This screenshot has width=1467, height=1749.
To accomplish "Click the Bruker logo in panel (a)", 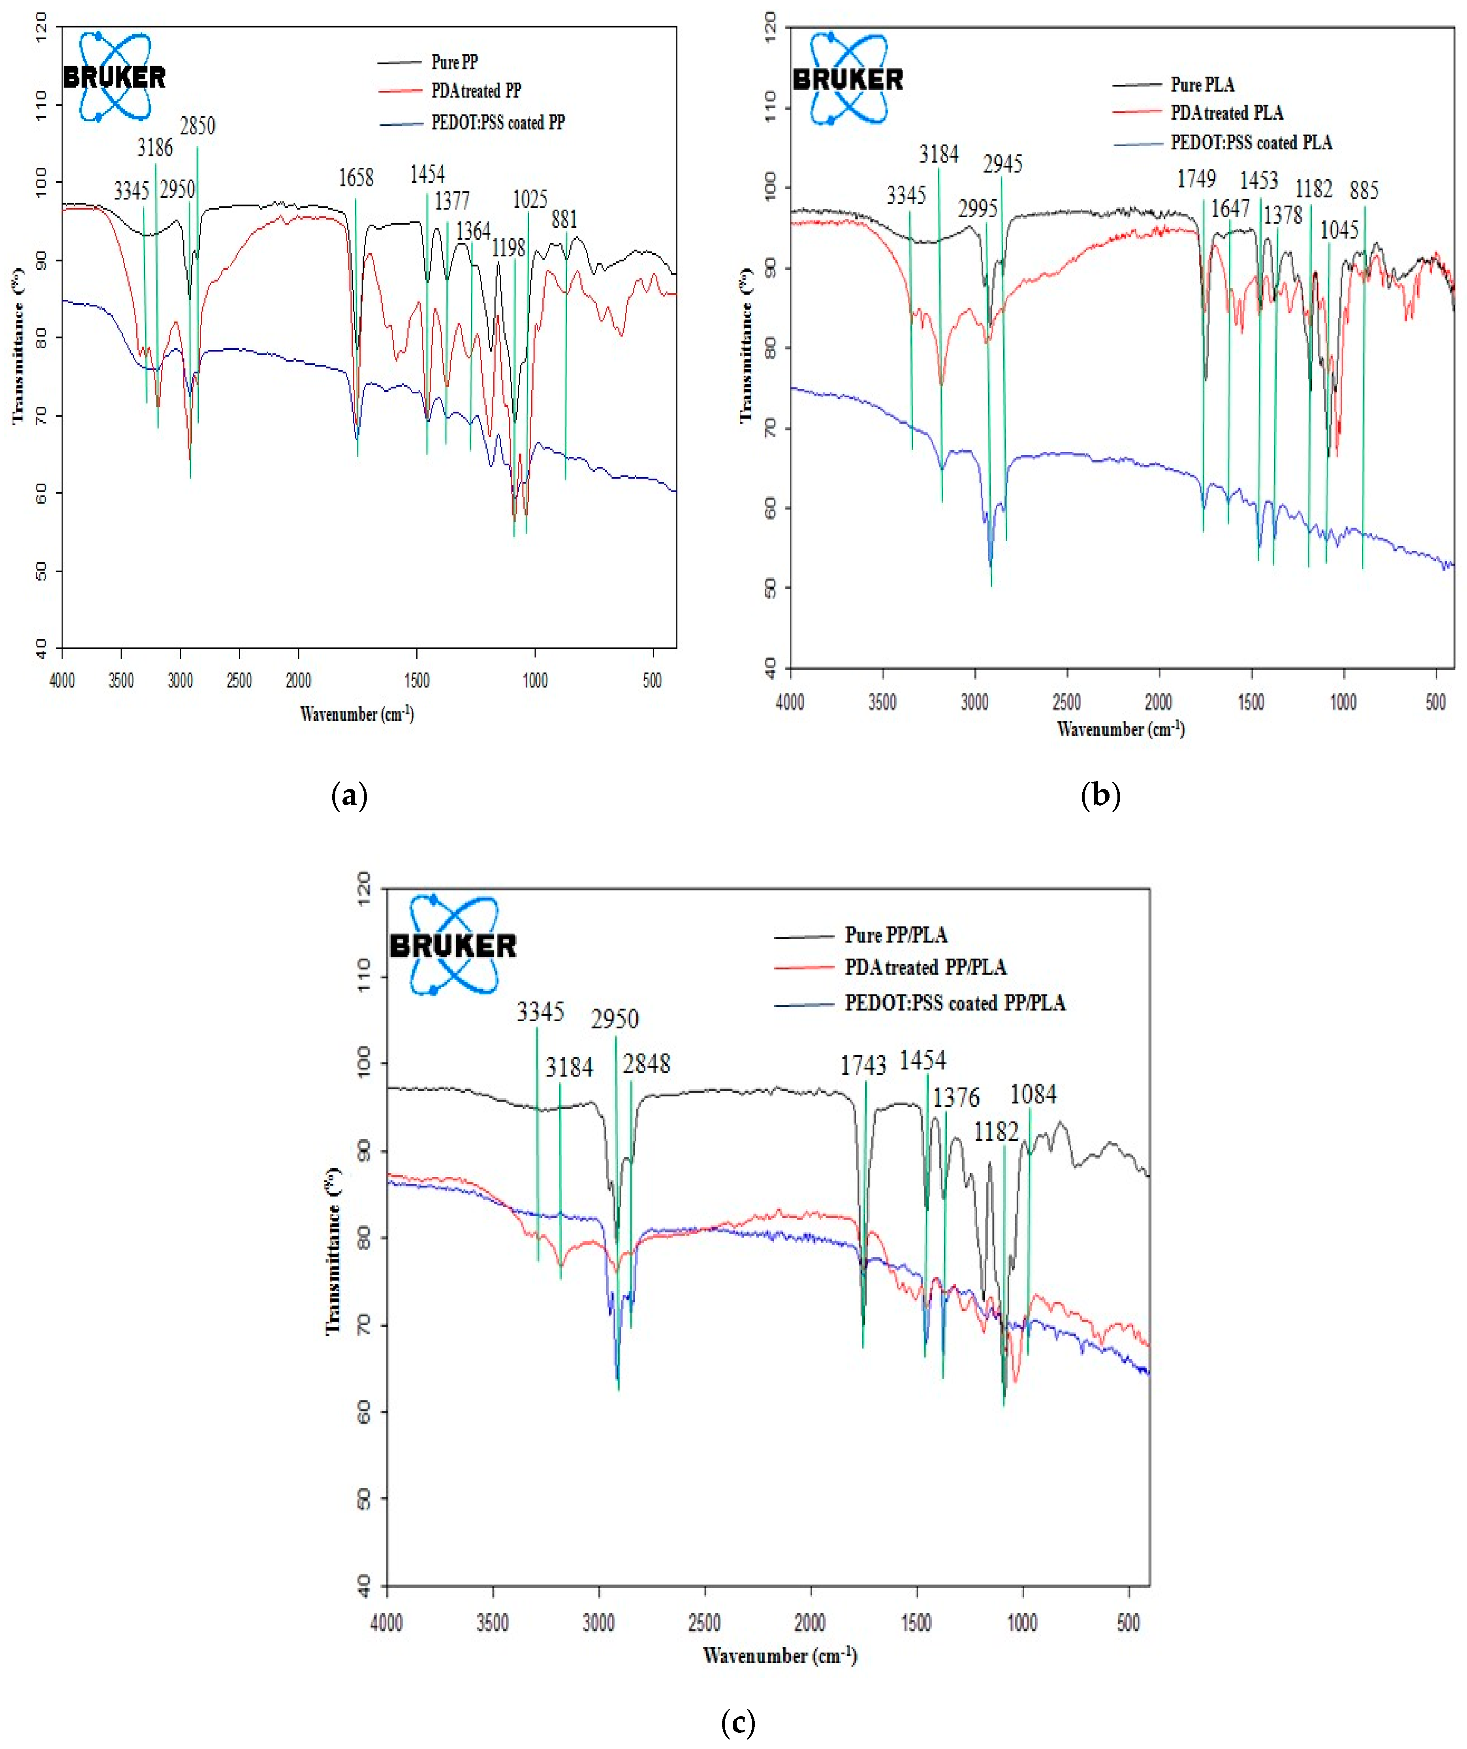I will [x=114, y=77].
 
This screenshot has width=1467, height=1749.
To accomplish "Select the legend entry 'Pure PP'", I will [x=454, y=62].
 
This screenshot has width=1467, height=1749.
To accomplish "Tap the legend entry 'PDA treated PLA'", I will [x=1226, y=113].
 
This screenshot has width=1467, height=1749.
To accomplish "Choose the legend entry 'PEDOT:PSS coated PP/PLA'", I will [x=955, y=1003].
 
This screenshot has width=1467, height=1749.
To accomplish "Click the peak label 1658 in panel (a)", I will [x=356, y=177].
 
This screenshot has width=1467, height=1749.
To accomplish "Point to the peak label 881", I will [x=564, y=219].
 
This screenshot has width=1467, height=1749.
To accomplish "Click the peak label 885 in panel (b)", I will [x=1364, y=190].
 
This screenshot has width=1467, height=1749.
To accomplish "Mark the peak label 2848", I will [x=647, y=1063].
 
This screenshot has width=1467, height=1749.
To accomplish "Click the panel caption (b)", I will [x=1100, y=795].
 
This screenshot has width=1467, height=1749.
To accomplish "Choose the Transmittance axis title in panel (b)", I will [x=747, y=346].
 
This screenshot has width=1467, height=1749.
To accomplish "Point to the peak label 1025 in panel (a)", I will [x=530, y=199].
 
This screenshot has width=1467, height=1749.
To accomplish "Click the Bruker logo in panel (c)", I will [x=453, y=945].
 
